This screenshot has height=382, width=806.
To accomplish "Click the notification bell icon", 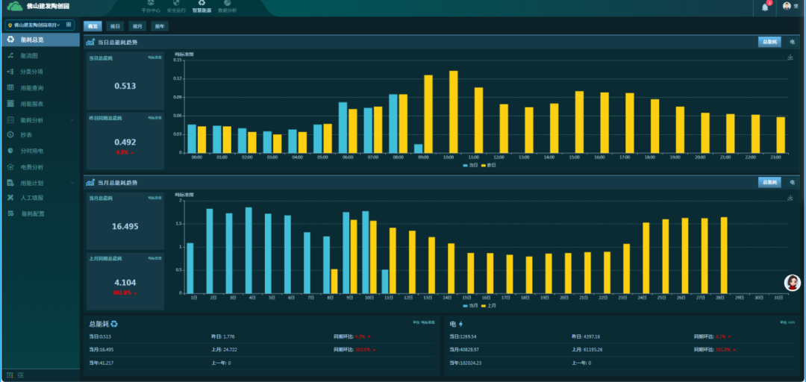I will click(765, 7).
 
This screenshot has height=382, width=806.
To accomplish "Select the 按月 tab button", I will click(137, 26).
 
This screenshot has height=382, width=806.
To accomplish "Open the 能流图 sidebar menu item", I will click(29, 56).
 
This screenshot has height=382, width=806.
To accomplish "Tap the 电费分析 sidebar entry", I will click(31, 167).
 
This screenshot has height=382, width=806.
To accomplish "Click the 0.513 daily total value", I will click(125, 87).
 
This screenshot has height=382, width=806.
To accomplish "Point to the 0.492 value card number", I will click(125, 142).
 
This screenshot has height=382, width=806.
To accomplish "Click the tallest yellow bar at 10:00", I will click(453, 112).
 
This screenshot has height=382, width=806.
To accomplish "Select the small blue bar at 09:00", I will click(419, 148).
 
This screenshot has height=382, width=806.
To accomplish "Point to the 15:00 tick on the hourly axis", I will click(574, 157).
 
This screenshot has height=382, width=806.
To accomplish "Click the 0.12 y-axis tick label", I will click(178, 78).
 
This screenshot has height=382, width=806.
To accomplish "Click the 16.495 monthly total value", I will click(125, 226).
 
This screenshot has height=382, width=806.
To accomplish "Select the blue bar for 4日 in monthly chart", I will click(249, 250).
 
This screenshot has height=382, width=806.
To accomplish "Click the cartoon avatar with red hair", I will click(793, 283).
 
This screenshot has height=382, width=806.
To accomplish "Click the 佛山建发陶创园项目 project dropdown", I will click(40, 25).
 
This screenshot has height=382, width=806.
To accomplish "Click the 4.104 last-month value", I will click(125, 283).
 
